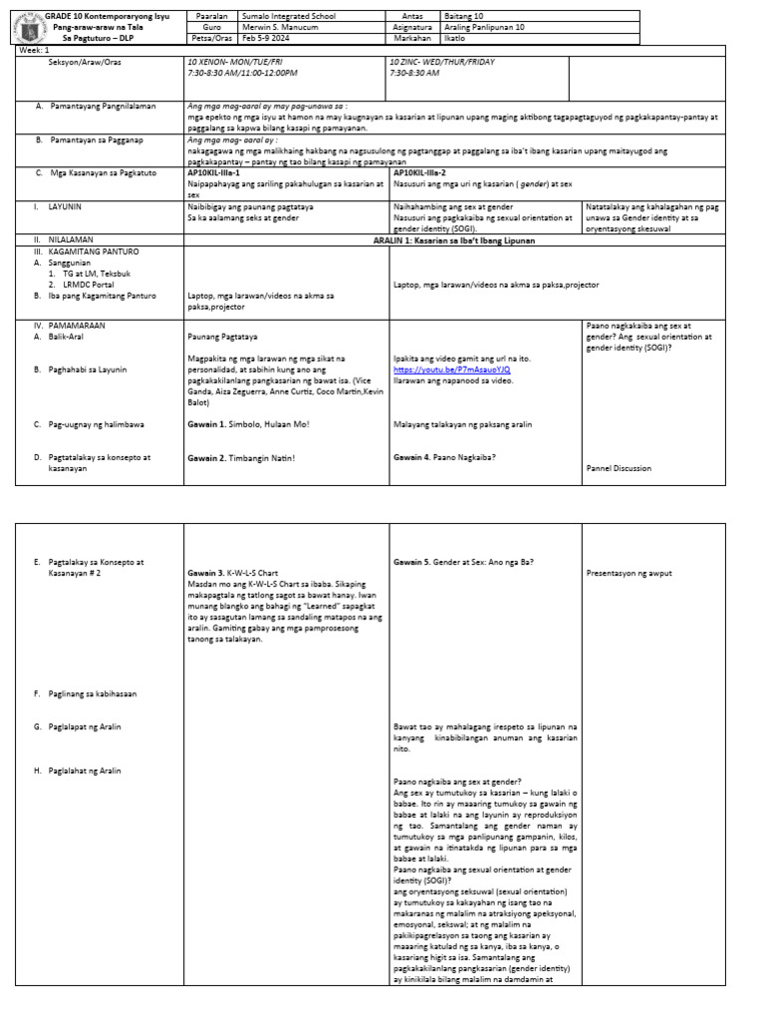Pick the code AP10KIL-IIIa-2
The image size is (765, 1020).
(x=421, y=172)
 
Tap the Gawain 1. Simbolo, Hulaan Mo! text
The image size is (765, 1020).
(x=248, y=424)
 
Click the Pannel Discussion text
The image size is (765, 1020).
(x=620, y=467)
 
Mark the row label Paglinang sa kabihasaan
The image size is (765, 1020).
(x=92, y=692)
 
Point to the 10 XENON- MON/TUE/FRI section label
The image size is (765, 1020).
(x=235, y=62)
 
